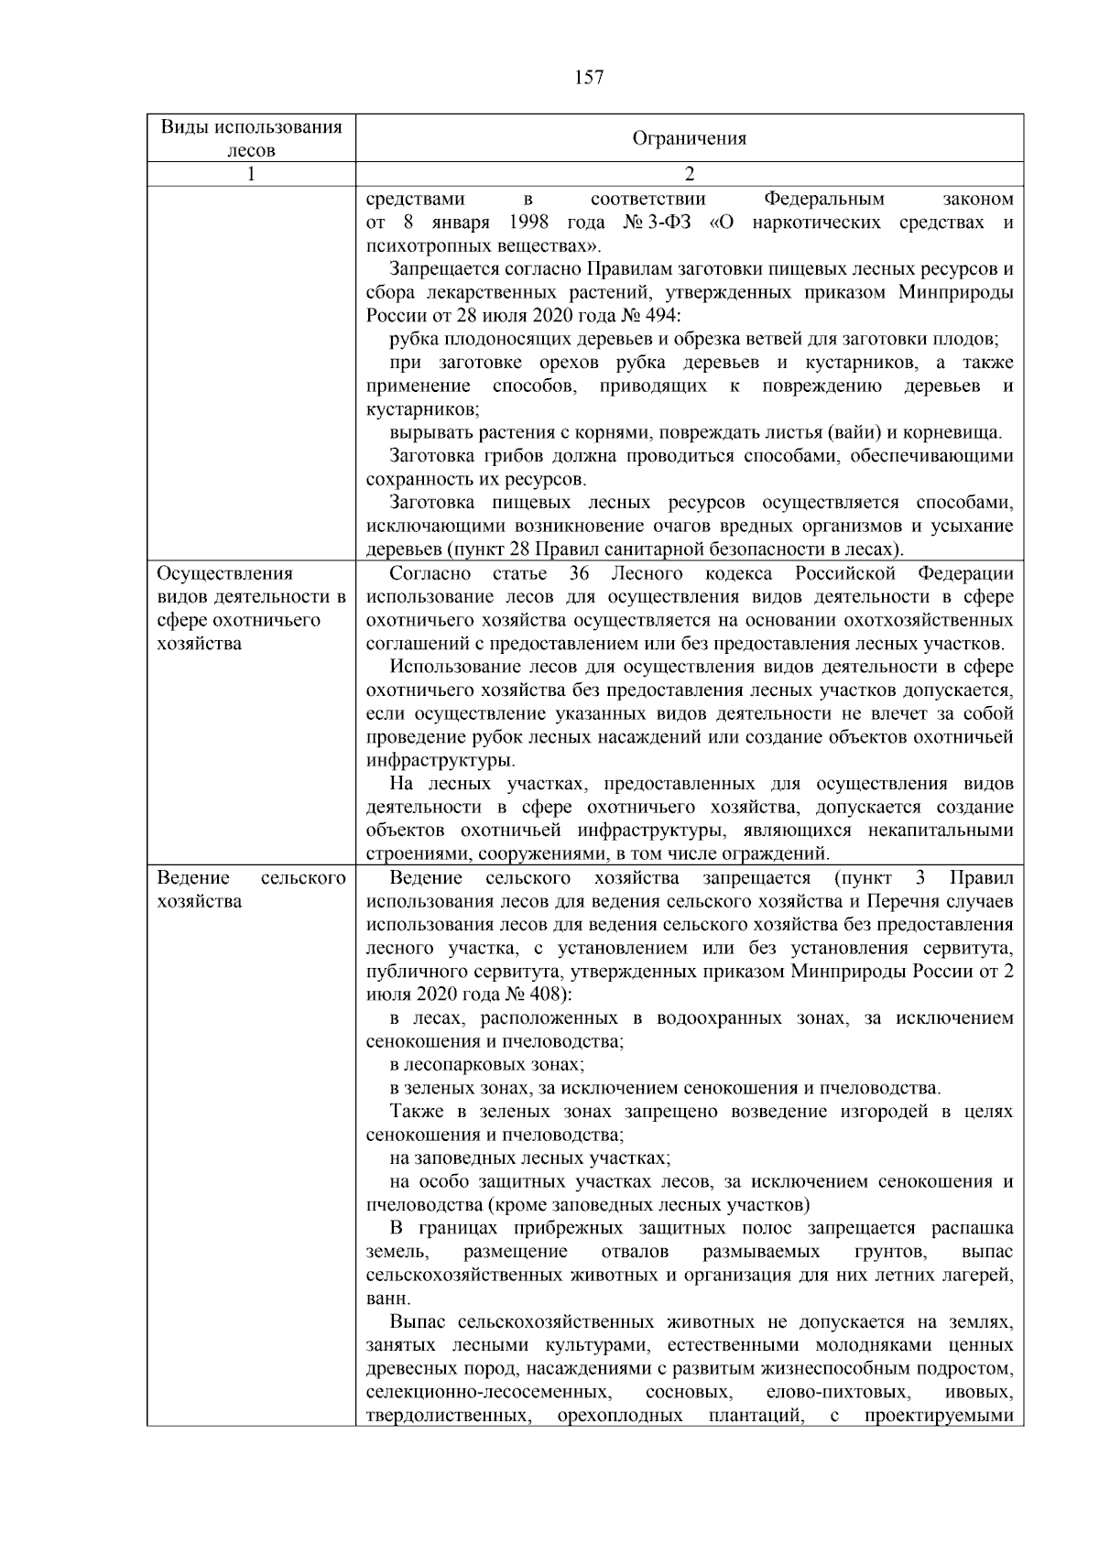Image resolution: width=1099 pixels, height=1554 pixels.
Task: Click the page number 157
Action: [589, 78]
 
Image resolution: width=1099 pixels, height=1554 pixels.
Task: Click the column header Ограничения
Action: [689, 138]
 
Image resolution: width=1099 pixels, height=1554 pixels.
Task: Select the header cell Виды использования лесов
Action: [251, 138]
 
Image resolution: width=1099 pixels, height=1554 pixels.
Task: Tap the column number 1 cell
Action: [251, 174]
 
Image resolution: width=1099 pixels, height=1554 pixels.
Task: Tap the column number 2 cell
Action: [689, 174]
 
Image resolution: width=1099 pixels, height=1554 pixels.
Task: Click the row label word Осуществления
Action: [225, 574]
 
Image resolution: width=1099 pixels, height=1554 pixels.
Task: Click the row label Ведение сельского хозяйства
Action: [251, 889]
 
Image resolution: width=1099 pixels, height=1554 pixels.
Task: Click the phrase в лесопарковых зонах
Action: [486, 1064]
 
